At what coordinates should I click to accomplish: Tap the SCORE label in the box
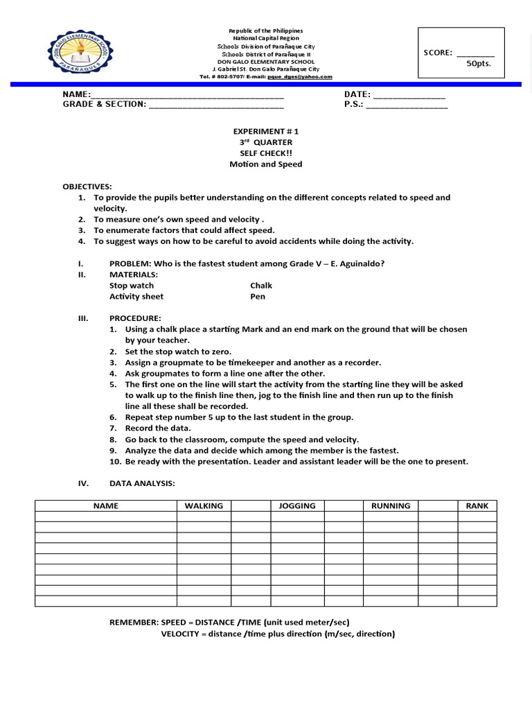(438, 52)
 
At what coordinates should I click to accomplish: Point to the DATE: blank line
(409, 95)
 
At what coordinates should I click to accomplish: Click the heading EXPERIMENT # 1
(266, 131)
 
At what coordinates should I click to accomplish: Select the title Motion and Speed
(266, 164)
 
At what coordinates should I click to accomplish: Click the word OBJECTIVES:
(87, 187)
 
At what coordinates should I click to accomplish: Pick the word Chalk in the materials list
(261, 285)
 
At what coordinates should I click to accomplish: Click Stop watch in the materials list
(132, 285)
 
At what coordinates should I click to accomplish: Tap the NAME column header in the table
(106, 506)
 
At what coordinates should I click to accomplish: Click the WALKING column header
(204, 506)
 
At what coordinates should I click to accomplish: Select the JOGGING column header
(297, 506)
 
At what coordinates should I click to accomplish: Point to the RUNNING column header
(391, 506)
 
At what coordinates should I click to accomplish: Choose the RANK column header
(477, 506)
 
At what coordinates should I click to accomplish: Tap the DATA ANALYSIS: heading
(142, 483)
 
